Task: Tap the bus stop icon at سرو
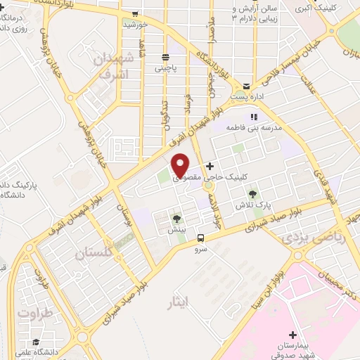(x=201, y=238)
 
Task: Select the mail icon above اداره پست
(x=246, y=83)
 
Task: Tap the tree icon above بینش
(x=176, y=219)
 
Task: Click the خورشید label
(x=134, y=25)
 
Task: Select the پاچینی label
(x=167, y=69)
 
